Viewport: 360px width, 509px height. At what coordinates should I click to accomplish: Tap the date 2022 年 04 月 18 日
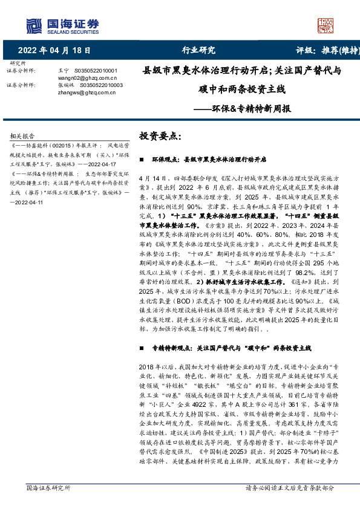coord(54,50)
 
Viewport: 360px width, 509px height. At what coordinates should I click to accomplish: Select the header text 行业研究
coord(198,50)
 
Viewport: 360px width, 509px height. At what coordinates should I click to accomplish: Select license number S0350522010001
coord(99,71)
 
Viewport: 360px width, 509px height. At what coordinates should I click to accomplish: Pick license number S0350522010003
coord(99,85)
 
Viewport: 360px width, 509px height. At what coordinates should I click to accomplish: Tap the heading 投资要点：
coord(160,137)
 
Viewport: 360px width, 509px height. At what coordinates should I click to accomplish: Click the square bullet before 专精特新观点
coord(141,349)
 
